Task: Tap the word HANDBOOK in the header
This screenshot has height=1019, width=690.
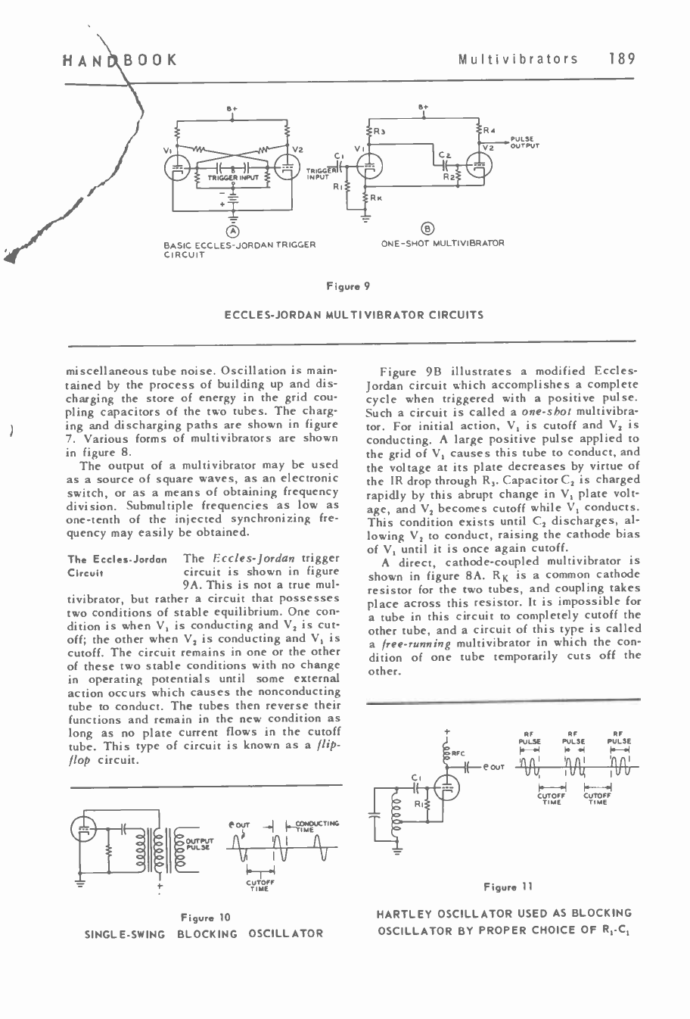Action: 119,59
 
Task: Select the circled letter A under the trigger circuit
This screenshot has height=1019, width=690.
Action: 234,230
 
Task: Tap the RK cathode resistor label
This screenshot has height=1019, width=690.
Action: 375,198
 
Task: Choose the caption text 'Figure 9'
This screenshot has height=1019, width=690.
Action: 347,286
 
